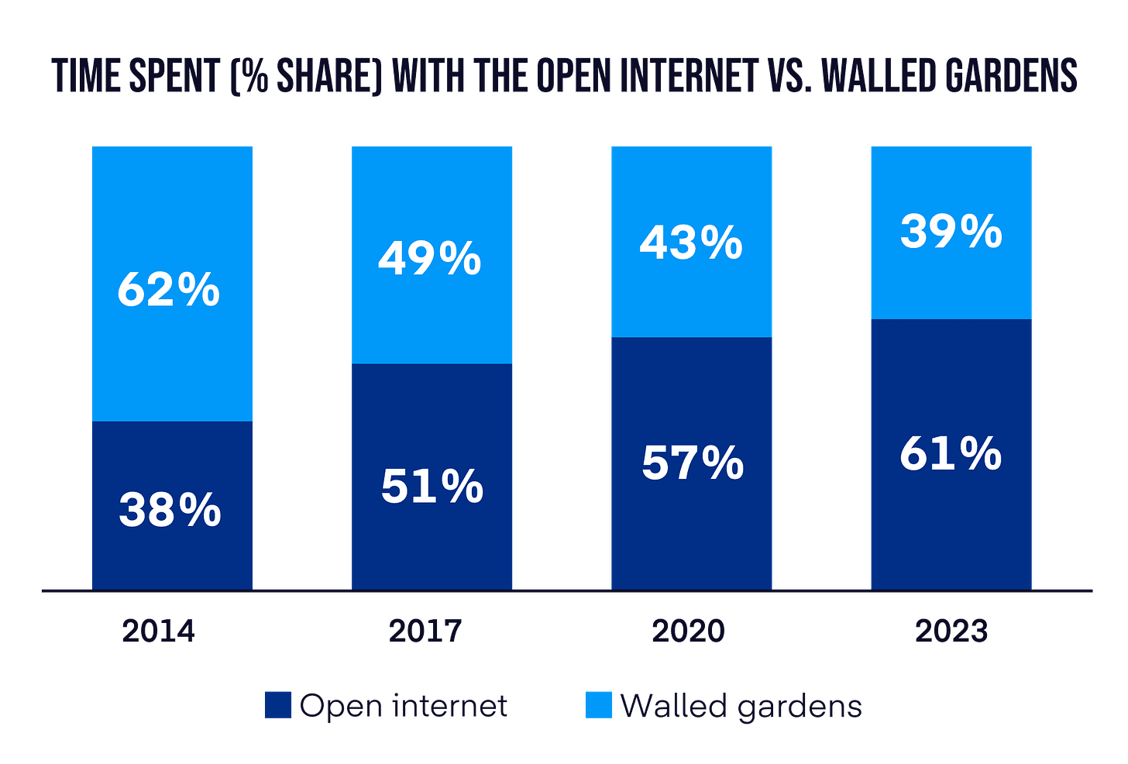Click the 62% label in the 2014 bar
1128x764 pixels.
click(169, 291)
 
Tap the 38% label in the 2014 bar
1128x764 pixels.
click(170, 511)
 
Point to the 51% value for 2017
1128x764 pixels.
click(432, 486)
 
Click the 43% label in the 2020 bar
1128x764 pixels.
click(691, 242)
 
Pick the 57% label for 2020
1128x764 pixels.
click(693, 463)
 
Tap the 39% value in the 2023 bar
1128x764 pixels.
click(951, 232)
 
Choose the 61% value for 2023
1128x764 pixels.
click(951, 453)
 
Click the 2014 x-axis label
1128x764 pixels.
click(159, 632)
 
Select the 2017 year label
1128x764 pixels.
click(425, 632)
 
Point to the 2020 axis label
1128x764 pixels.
click(689, 632)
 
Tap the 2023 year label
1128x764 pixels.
click(951, 632)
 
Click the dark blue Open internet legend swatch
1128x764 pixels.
click(278, 705)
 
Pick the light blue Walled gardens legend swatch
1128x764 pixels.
click(600, 705)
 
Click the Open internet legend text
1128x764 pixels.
click(404, 706)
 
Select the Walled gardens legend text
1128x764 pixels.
click(741, 706)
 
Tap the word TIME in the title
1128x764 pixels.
click(84, 76)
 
